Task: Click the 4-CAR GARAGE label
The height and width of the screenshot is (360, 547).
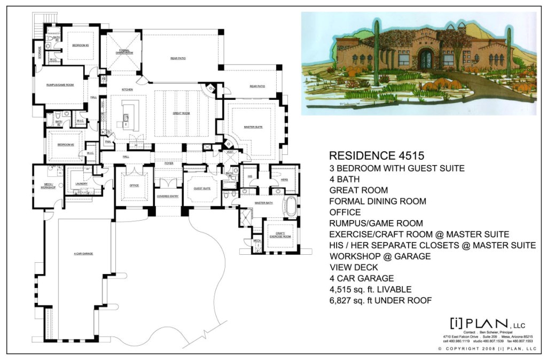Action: pos(83,253)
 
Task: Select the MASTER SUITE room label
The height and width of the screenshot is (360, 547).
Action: pos(253,126)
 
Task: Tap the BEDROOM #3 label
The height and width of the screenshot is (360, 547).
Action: pos(80,45)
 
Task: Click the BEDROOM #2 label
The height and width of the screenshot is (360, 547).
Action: pos(65,145)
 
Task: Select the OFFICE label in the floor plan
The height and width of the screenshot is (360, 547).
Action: pos(134,185)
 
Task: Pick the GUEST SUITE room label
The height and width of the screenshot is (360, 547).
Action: pos(201,189)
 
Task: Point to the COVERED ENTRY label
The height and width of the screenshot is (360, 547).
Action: pos(167,196)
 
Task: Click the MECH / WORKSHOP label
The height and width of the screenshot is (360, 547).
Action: pos(47,187)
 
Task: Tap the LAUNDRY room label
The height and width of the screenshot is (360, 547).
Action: pos(82,184)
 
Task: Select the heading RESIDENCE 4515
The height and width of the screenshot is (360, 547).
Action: pos(377,156)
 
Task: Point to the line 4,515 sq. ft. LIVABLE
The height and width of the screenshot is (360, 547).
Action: pos(370,289)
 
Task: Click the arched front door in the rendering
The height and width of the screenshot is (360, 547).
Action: pos(426,59)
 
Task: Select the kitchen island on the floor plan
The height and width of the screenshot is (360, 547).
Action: pos(128,115)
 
